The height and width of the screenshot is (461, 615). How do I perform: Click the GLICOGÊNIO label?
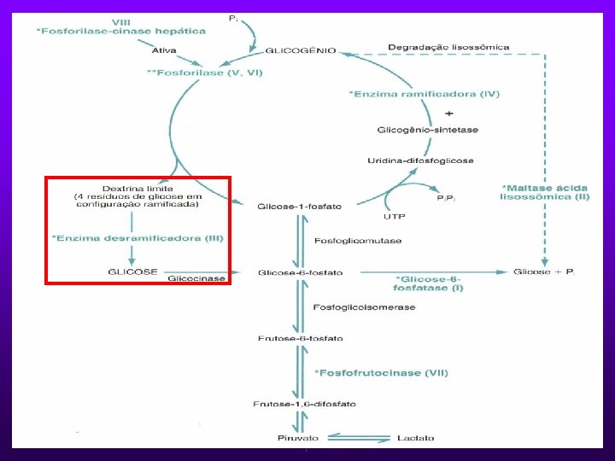[x=302, y=50]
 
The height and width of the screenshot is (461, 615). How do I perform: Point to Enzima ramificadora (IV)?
[x=425, y=93]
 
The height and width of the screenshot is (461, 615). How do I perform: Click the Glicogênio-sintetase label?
[x=427, y=130]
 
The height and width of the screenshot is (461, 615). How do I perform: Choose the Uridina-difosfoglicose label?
[x=420, y=160]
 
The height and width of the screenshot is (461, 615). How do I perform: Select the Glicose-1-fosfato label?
[x=300, y=206]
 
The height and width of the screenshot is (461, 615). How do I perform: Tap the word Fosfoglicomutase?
[x=359, y=240]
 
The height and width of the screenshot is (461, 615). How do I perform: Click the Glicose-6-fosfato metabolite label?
[x=301, y=272]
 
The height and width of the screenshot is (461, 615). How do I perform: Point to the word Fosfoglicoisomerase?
[x=365, y=306]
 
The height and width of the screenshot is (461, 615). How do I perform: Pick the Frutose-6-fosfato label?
[x=301, y=338]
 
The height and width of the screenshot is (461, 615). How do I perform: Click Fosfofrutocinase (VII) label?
[x=381, y=372]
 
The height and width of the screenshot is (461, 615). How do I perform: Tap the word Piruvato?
[x=298, y=438]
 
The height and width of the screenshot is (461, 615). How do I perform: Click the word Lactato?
[x=416, y=438]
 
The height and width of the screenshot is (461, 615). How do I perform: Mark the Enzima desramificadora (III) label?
[x=138, y=237]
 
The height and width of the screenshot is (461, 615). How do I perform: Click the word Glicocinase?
[x=196, y=278]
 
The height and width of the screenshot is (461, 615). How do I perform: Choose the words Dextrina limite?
[x=138, y=188]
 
